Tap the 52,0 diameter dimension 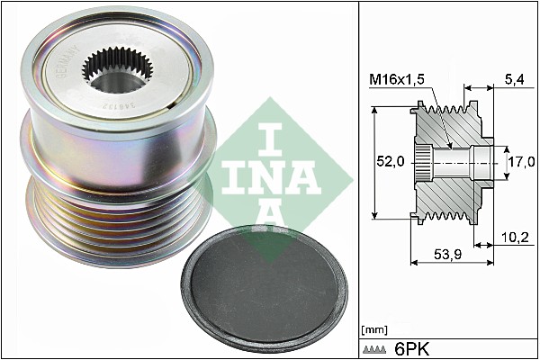pyautogui.click(x=389, y=161)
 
